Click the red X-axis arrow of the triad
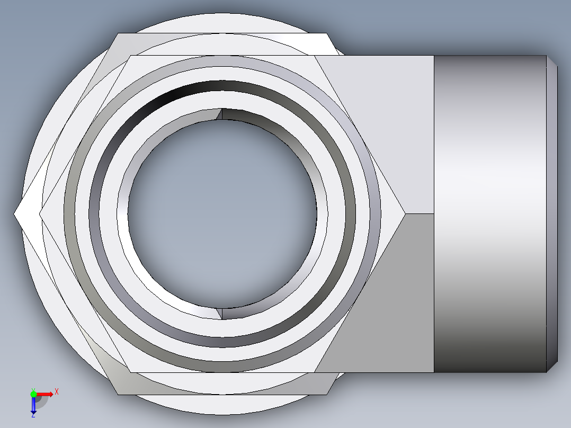pyautogui.click(x=47, y=394)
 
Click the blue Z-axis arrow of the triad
pyautogui.click(x=33, y=406)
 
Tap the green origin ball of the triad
pyautogui.click(x=33, y=394)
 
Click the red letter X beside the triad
pyautogui.click(x=56, y=392)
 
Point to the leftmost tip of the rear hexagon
pyautogui.click(x=14, y=213)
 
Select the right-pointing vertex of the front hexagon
pyautogui.click(x=405, y=213)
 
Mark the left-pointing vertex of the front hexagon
pyautogui.click(x=40, y=213)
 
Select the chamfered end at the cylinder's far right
pyautogui.click(x=552, y=213)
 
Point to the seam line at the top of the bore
pyautogui.click(x=222, y=114)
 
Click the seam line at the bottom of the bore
pyautogui.click(x=222, y=313)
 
